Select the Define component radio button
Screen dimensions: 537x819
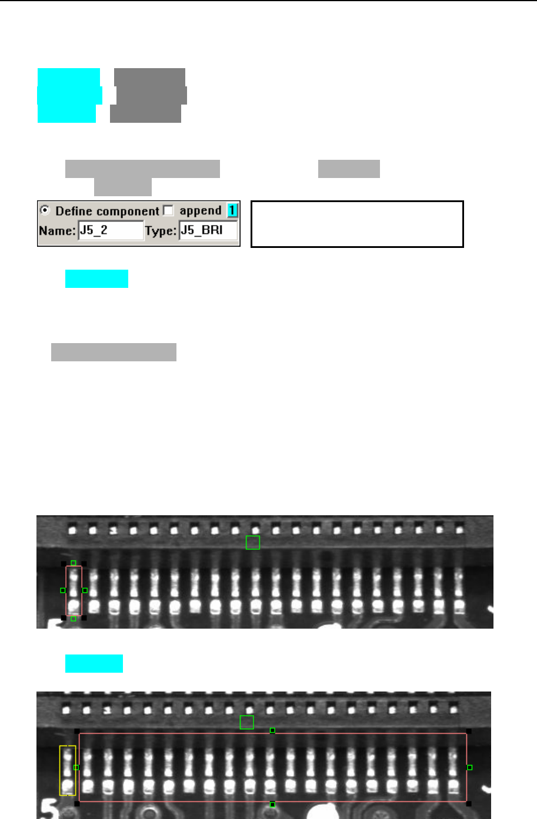[x=45, y=210]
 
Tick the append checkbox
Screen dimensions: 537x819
[x=168, y=210]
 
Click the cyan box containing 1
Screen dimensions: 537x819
[x=232, y=210]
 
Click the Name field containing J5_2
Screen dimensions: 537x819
[x=111, y=230]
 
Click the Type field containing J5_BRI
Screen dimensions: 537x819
[x=208, y=230]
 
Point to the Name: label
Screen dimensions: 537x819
[x=57, y=231]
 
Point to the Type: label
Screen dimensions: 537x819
[x=161, y=231]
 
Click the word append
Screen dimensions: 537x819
[x=200, y=210]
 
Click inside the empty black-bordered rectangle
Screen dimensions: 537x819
[x=357, y=224]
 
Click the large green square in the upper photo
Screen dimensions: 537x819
[x=253, y=542]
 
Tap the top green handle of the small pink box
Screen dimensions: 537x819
[x=74, y=563]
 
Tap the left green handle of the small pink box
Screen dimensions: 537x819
[x=63, y=590]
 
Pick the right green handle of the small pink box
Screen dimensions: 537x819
[x=85, y=590]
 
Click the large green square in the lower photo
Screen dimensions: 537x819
[x=247, y=722]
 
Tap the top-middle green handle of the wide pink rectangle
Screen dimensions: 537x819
[x=272, y=730]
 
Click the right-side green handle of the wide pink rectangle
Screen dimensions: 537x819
[x=469, y=767]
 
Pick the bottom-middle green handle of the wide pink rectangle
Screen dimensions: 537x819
[x=272, y=804]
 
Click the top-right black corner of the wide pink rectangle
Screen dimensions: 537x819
[x=469, y=731]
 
